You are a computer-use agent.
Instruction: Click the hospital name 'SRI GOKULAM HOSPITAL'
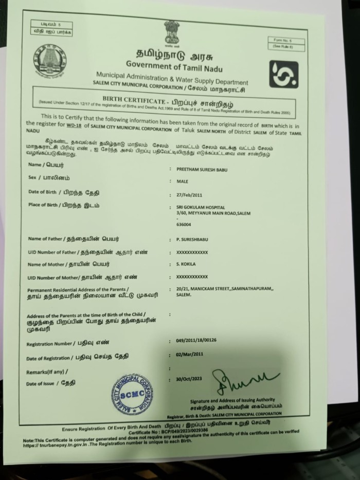tap(197, 207)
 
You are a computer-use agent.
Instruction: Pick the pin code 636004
tap(183, 224)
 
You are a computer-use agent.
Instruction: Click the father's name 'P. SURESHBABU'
tap(189, 240)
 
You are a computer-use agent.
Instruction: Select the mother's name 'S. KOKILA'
tap(184, 264)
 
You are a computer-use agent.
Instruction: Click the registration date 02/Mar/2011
tap(190, 354)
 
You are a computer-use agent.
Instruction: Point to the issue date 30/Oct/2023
tap(190, 379)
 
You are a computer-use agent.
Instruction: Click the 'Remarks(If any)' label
tap(47, 371)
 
